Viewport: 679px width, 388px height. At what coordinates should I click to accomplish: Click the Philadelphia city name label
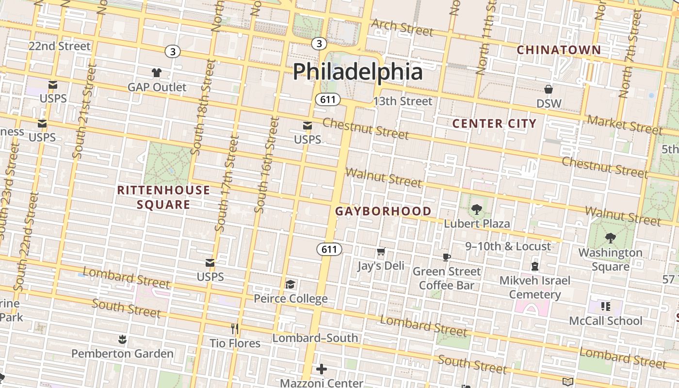[x=357, y=71]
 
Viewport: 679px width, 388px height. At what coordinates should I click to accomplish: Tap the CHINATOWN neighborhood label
[x=558, y=50]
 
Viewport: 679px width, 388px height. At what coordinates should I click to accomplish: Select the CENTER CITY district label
[x=494, y=124]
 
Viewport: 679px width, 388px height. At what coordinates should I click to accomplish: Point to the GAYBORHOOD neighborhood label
[x=383, y=211]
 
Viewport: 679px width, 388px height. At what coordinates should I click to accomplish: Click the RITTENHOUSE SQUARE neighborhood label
[x=163, y=197]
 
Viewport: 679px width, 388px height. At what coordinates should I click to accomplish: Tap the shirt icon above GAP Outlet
[x=156, y=73]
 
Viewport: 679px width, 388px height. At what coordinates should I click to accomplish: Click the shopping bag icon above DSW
[x=549, y=89]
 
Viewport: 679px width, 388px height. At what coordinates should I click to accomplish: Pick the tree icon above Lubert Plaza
[x=477, y=210]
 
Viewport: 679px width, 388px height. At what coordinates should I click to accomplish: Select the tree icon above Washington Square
[x=610, y=238]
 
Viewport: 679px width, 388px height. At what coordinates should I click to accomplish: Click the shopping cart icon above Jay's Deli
[x=381, y=252]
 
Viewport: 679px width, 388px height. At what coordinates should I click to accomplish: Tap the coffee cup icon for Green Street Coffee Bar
[x=447, y=257]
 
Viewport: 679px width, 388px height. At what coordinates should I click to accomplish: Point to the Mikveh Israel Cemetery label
[x=534, y=287]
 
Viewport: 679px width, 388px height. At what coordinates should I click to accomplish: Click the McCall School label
[x=605, y=321]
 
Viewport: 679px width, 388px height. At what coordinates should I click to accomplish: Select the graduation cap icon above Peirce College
[x=290, y=284]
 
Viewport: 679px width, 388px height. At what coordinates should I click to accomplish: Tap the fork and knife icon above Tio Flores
[x=235, y=329]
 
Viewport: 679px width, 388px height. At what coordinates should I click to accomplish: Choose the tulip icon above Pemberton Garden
[x=122, y=339]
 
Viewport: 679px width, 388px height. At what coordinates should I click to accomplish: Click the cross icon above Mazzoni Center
[x=321, y=369]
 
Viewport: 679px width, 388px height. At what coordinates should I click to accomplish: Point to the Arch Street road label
[x=402, y=28]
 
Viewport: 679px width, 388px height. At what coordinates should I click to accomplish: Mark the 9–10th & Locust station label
[x=508, y=246]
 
